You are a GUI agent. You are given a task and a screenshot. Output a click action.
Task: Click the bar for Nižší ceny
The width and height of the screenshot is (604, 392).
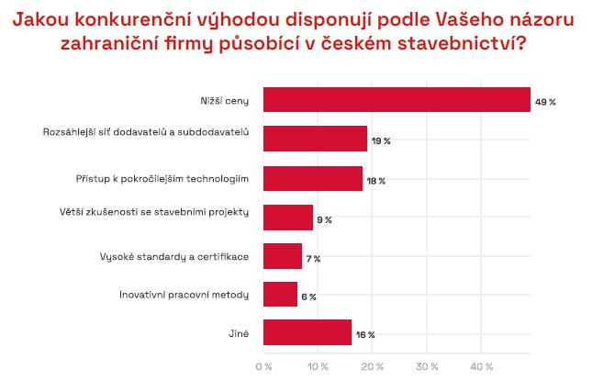click(397, 100)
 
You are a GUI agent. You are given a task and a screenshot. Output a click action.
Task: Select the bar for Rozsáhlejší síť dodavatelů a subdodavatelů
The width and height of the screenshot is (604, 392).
click(315, 139)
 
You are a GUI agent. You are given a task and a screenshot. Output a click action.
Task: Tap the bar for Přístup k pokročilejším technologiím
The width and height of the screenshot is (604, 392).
click(312, 179)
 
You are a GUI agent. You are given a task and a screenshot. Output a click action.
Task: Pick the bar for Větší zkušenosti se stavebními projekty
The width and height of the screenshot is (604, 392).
click(288, 218)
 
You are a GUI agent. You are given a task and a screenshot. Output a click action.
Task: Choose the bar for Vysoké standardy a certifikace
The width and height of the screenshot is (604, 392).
click(283, 256)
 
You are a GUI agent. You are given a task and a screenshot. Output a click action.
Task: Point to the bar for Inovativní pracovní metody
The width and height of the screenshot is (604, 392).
click(280, 295)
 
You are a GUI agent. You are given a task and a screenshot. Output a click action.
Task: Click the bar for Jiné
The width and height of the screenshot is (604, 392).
click(308, 332)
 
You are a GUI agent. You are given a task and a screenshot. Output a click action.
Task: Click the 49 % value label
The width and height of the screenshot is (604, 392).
click(546, 102)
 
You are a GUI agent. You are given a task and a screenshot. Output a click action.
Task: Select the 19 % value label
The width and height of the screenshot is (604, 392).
click(381, 141)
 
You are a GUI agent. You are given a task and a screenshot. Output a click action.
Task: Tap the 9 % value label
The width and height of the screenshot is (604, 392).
click(324, 220)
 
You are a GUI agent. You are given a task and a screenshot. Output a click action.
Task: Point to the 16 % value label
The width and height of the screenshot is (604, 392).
click(364, 335)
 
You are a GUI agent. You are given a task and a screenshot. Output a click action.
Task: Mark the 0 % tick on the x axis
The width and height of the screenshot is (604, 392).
click(263, 367)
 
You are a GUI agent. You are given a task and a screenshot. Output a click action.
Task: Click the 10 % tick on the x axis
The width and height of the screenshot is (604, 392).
click(318, 367)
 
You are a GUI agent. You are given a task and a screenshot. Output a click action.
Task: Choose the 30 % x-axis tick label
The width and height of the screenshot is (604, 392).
click(427, 367)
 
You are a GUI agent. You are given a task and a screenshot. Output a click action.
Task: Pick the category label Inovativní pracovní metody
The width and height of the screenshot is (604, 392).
click(185, 296)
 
